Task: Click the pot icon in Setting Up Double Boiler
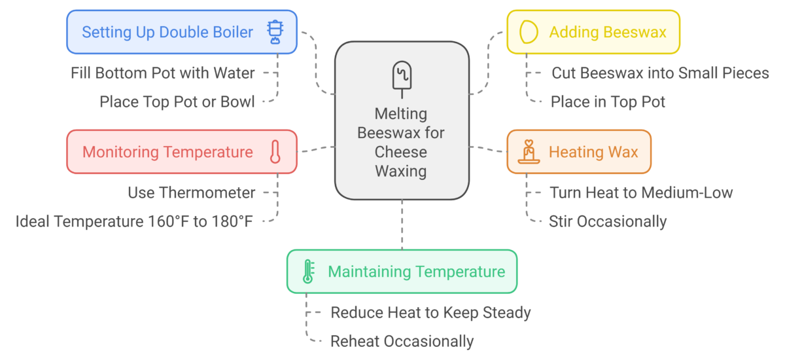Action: (x=275, y=32)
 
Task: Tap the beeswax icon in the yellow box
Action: (x=529, y=32)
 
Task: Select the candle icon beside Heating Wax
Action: (x=529, y=152)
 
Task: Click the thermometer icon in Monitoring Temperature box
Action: (x=275, y=152)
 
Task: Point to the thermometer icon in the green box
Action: (x=308, y=272)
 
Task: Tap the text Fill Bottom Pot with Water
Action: (x=163, y=73)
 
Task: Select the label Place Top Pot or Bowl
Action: (x=177, y=102)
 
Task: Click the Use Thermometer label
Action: (x=191, y=193)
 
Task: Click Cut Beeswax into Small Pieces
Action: (x=660, y=73)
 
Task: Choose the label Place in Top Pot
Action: (x=608, y=102)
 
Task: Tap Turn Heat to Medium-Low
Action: (x=641, y=193)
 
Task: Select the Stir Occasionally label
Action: (x=608, y=221)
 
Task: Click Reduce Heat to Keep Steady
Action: (x=430, y=313)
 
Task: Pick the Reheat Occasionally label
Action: (x=402, y=342)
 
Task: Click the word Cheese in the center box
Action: (x=401, y=152)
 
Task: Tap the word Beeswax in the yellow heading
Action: (x=635, y=32)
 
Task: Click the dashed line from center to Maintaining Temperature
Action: (x=402, y=225)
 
